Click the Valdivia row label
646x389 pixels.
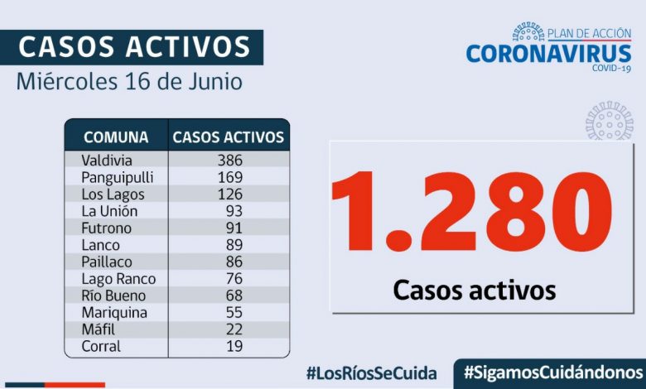[x=107, y=160]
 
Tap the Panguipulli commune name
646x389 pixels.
[x=118, y=177]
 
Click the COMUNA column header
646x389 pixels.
[x=116, y=137]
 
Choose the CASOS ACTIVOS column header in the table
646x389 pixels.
[x=228, y=137]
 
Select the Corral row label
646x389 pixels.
[x=101, y=347]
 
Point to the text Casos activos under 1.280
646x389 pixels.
[x=474, y=290]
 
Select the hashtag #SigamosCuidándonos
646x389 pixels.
[x=553, y=372]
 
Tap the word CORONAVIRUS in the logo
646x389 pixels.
[x=547, y=54]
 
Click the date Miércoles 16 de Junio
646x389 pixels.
[x=129, y=83]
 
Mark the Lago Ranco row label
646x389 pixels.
[x=118, y=279]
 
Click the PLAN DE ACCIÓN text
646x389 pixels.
[x=588, y=34]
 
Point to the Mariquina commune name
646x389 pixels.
[x=114, y=313]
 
